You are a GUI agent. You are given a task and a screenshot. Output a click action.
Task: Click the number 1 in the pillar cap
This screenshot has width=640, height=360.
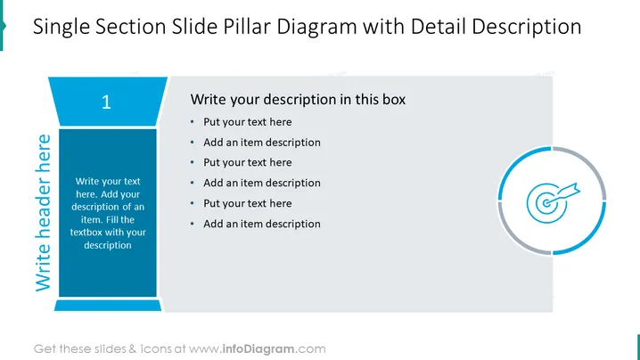106,102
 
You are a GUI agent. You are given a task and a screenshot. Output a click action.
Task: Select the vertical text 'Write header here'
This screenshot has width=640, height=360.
44,213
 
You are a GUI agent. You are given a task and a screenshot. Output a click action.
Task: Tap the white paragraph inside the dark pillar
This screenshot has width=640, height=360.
108,213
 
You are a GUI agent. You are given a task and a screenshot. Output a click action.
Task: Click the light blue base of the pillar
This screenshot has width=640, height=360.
108,306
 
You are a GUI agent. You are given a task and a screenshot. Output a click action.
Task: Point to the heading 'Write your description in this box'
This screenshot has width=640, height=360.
298,100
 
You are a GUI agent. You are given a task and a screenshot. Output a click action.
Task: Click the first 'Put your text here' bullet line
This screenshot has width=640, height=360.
247,122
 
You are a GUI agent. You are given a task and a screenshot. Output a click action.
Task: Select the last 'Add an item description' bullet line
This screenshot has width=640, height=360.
262,224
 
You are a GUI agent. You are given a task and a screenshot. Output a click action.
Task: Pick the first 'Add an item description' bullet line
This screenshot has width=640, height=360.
262,143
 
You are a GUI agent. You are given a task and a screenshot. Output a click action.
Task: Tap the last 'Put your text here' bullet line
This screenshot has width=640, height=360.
247,203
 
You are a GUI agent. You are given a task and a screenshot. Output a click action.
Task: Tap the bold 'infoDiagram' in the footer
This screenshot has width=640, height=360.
258,349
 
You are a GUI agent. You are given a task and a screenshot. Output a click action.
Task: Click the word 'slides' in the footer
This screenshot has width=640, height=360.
111,349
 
